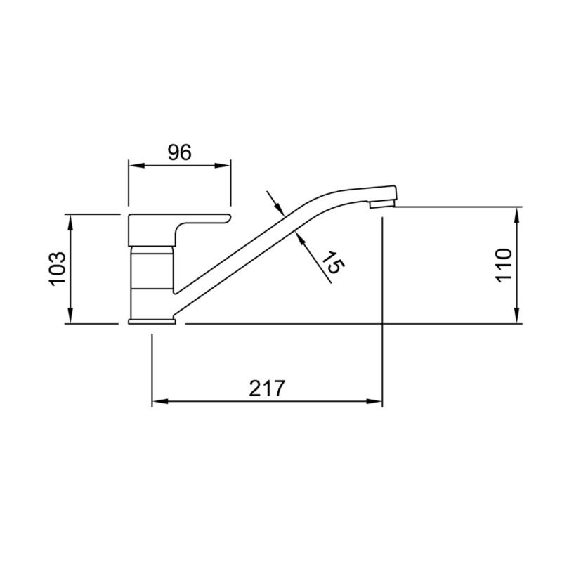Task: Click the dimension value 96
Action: tap(179, 152)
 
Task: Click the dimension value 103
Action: tap(58, 268)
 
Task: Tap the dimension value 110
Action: tap(504, 265)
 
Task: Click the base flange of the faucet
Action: tap(152, 322)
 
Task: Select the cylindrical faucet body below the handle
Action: tap(152, 281)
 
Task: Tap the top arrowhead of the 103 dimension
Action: tap(70, 219)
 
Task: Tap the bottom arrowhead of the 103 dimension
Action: tap(70, 318)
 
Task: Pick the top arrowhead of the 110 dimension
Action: tap(517, 213)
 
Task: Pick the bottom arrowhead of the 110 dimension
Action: tap(517, 318)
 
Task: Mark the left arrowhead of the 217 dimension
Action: tap(159, 402)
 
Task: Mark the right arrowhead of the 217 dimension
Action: tap(376, 402)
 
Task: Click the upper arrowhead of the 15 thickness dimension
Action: tap(278, 209)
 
